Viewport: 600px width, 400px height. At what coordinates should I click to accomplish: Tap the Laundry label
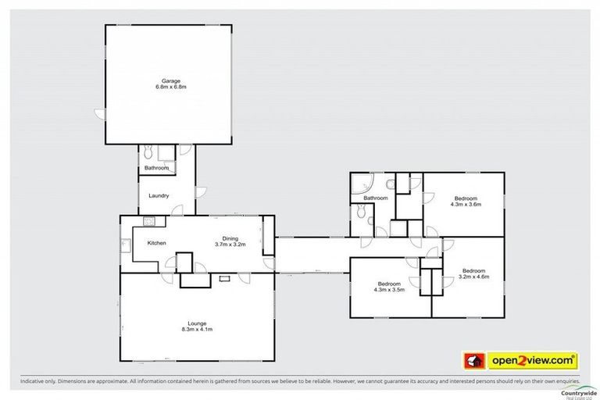(159, 195)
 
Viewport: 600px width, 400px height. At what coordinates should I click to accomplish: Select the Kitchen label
(157, 243)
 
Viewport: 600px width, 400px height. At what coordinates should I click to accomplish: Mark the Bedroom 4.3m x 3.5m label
(389, 287)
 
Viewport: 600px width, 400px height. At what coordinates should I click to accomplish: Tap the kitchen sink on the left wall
(124, 244)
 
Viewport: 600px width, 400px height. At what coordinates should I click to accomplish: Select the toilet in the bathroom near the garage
(146, 153)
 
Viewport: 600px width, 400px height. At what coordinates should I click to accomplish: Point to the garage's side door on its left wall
(99, 114)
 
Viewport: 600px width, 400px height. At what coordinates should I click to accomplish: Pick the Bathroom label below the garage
(155, 168)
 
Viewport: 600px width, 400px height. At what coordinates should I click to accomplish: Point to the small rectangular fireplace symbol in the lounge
(224, 277)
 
